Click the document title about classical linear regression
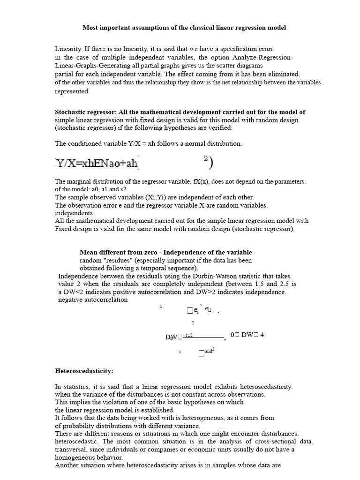[x=184, y=28]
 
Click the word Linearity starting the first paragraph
[x=67, y=49]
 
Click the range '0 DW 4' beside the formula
[x=247, y=335]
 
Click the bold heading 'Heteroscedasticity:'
[x=84, y=371]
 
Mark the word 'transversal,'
[x=72, y=450]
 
